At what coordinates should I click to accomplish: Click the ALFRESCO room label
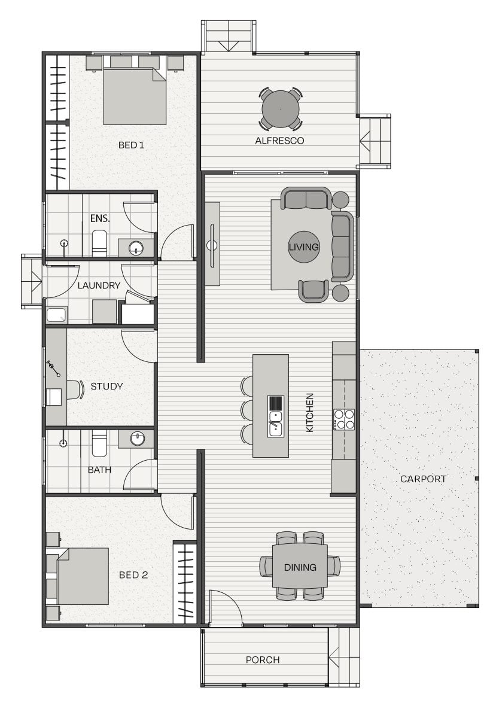[279, 141]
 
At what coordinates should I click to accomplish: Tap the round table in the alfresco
[281, 109]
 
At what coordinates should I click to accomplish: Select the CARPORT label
[423, 479]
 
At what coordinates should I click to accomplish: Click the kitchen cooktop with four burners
[344, 419]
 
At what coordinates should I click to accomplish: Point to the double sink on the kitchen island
[276, 424]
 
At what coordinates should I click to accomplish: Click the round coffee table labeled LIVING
[303, 247]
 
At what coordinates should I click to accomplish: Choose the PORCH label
[263, 660]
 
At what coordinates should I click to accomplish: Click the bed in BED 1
[135, 96]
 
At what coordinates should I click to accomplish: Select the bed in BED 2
[83, 576]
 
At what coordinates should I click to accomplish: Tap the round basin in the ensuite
[136, 248]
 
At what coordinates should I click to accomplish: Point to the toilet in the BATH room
[99, 443]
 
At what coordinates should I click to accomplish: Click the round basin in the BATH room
[137, 439]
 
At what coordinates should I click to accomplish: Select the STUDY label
[106, 387]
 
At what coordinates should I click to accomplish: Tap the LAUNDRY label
[99, 285]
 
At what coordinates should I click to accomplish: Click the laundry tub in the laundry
[57, 315]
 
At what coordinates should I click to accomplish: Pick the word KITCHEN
[310, 413]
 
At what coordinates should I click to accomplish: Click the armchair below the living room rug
[314, 291]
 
